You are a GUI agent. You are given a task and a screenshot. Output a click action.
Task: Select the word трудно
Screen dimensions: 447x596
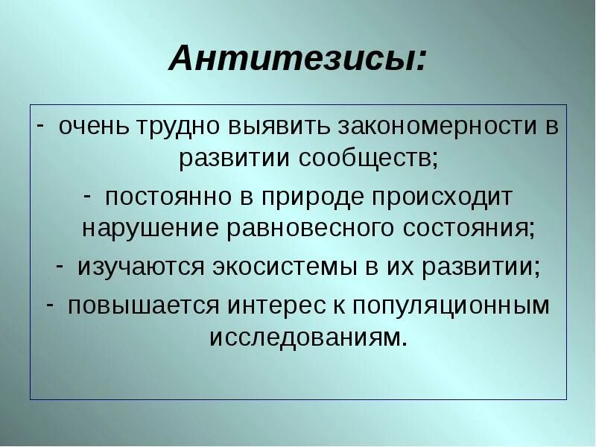click(183, 126)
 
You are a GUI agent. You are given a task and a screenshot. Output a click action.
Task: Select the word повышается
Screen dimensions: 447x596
click(141, 306)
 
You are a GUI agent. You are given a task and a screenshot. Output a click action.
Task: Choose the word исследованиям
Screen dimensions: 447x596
click(308, 338)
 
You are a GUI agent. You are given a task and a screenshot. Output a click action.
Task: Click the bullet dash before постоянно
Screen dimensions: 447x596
click(87, 196)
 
